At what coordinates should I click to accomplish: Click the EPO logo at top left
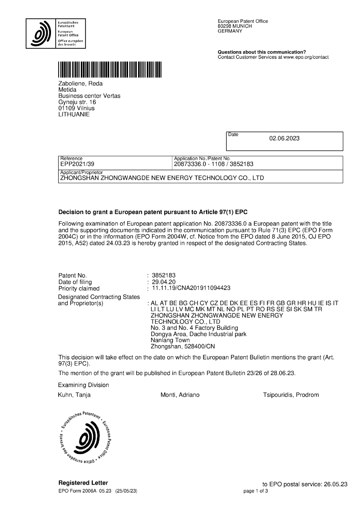click(x=56, y=34)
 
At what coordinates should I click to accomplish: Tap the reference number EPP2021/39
click(x=75, y=164)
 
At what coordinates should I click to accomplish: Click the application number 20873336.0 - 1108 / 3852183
click(x=213, y=164)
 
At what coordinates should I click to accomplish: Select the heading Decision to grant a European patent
click(x=153, y=212)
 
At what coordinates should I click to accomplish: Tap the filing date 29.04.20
click(x=164, y=282)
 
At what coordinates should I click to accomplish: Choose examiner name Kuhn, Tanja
click(x=74, y=395)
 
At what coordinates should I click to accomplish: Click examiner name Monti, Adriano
click(x=180, y=395)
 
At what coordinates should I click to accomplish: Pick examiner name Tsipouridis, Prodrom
click(x=291, y=395)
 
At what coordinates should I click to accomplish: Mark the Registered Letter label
click(x=83, y=483)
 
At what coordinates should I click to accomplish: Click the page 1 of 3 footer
click(x=256, y=491)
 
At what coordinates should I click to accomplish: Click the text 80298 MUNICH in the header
click(x=235, y=26)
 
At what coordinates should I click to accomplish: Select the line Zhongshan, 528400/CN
click(x=183, y=346)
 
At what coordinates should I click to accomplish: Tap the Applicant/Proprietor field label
click(x=81, y=172)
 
